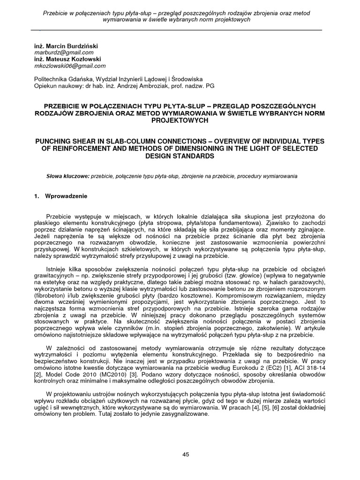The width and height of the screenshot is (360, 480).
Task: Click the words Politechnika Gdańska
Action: pos(60,80)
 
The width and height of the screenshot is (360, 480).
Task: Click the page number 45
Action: pos(185,454)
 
